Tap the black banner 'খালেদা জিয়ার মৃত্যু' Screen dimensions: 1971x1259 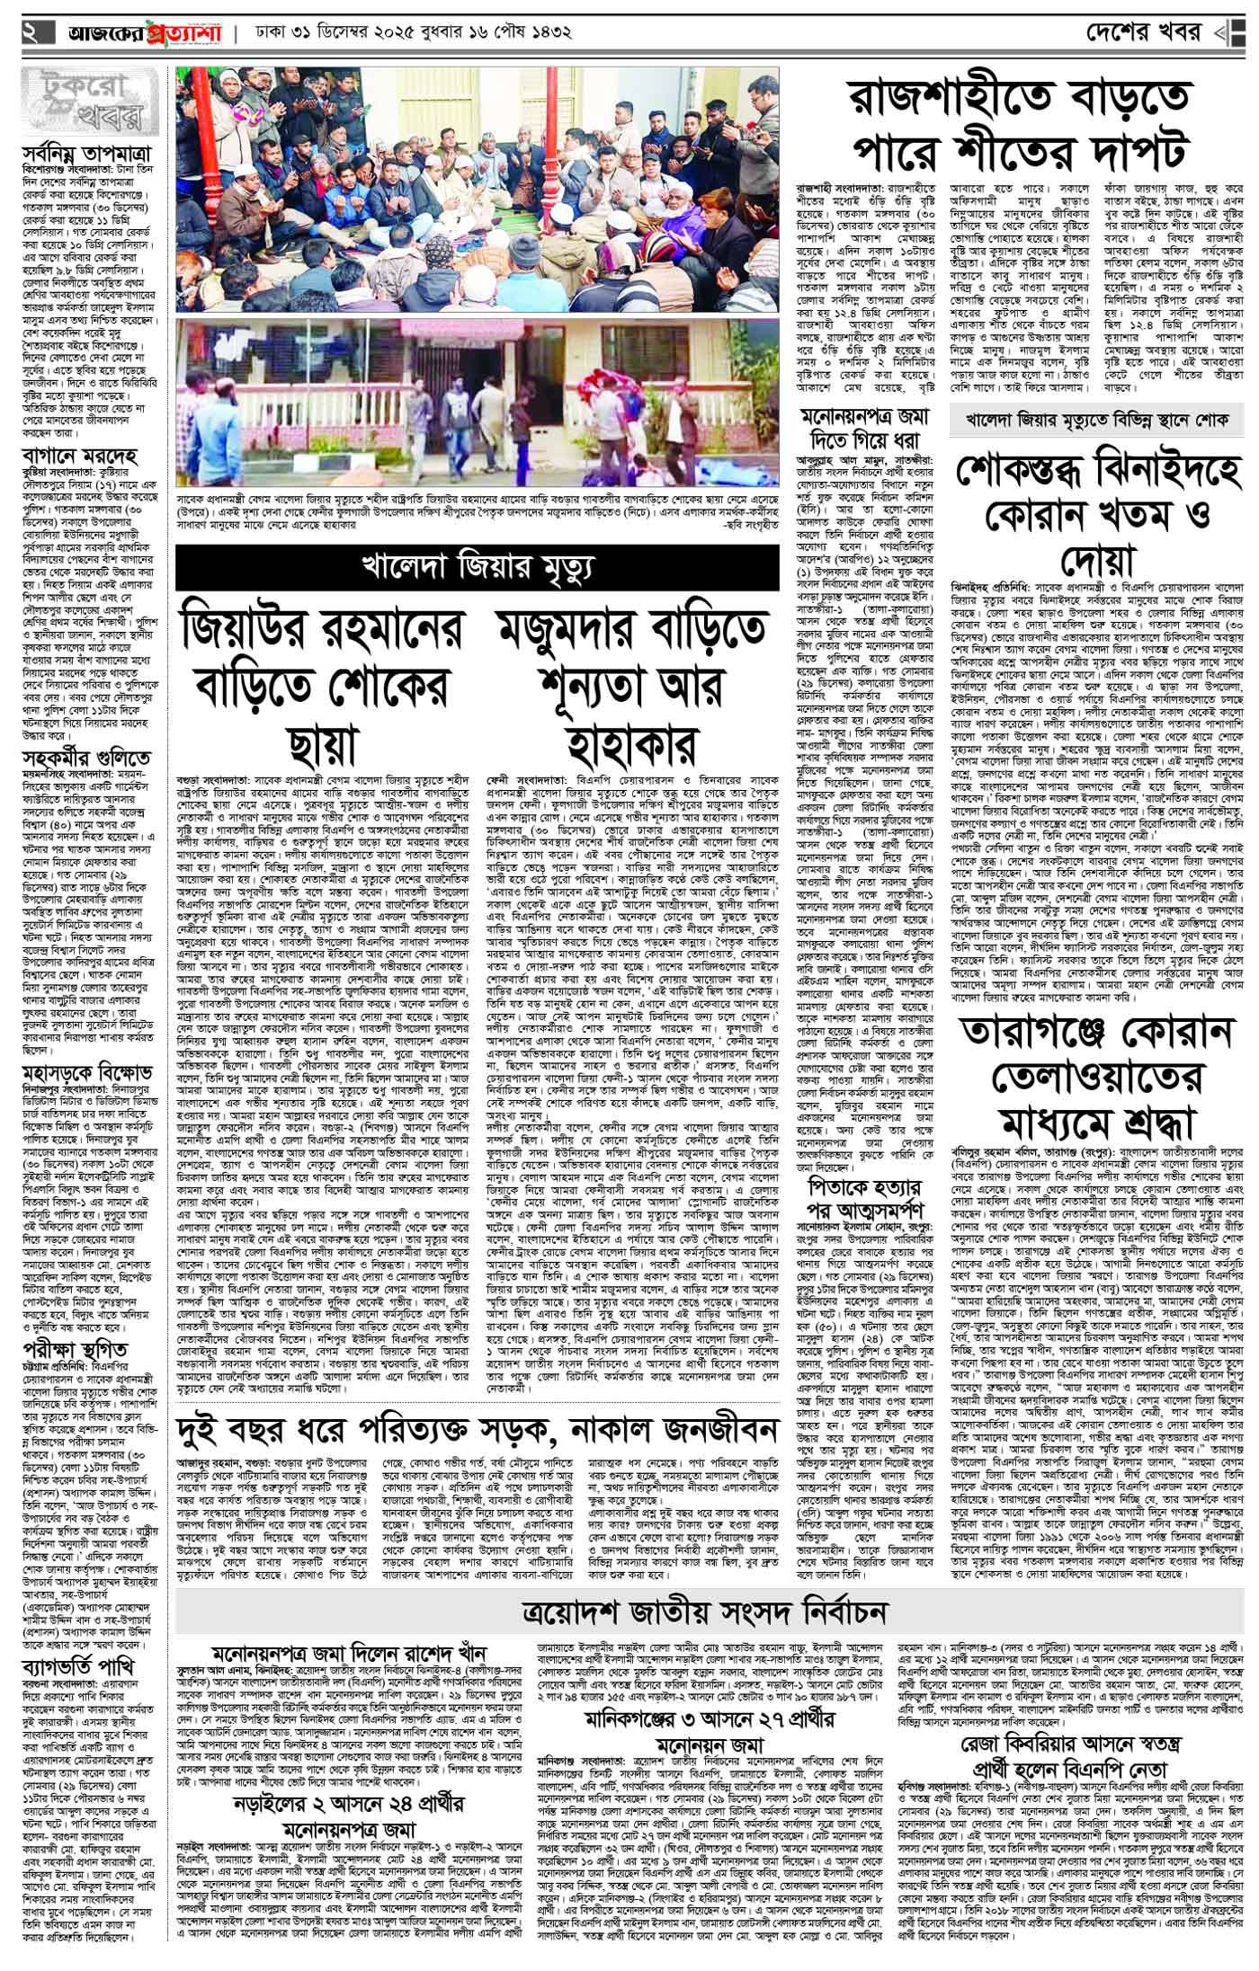pos(477,566)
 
